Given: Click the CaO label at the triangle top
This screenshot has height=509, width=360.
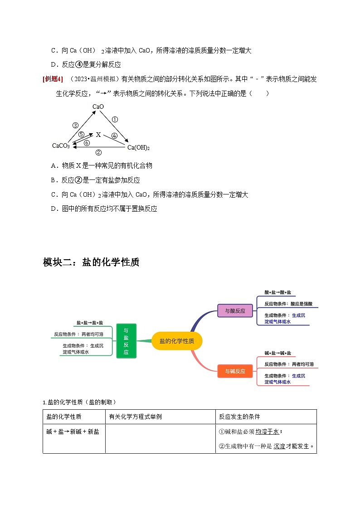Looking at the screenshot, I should (x=98, y=107).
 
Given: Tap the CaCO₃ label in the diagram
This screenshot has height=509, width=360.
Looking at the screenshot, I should (x=61, y=146).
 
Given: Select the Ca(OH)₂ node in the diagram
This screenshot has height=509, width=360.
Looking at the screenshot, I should (x=138, y=148).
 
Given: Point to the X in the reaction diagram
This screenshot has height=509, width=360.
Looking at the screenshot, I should (x=98, y=135).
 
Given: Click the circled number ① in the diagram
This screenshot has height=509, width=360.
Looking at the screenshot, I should (x=115, y=120).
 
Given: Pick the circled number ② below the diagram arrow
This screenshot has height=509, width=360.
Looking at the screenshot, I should (x=98, y=153).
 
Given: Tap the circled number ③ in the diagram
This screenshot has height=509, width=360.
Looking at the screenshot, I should (x=75, y=126).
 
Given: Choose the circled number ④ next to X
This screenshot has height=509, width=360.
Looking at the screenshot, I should (x=114, y=136).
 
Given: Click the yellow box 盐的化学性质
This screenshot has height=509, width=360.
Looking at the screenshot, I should (x=177, y=341).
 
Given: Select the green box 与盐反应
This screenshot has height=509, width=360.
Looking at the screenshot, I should (x=126, y=341).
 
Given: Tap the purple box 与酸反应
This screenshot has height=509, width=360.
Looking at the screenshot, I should (x=235, y=311).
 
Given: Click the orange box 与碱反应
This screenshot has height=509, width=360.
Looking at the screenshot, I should (x=235, y=371).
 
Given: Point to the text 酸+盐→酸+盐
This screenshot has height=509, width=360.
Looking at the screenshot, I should (x=278, y=293).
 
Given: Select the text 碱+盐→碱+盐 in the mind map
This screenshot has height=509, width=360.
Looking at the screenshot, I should (x=278, y=353).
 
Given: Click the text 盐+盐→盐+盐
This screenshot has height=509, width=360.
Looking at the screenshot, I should (x=90, y=323).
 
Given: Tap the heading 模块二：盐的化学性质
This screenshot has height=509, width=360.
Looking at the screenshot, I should (x=91, y=262).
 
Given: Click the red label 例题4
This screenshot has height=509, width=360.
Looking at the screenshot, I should (x=53, y=79).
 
